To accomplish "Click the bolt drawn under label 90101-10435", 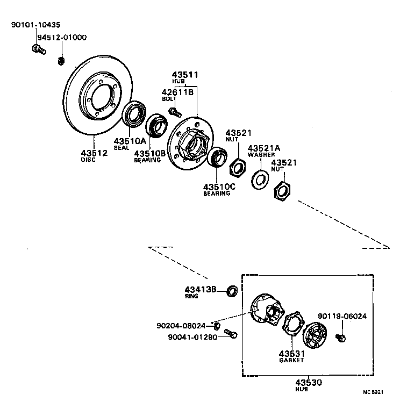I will point(38,50).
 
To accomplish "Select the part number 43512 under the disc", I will point(94,153).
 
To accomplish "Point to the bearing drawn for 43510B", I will point(158,125).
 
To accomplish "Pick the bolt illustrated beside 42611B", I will point(174,112).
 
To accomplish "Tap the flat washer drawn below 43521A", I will point(261,178).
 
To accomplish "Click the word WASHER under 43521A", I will point(261,155).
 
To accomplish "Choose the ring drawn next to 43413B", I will point(232,291).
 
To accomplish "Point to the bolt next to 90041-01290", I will point(230,334).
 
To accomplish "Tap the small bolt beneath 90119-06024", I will point(340,337).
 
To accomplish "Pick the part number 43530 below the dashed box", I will point(308,382).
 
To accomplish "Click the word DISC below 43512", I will point(88,160).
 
